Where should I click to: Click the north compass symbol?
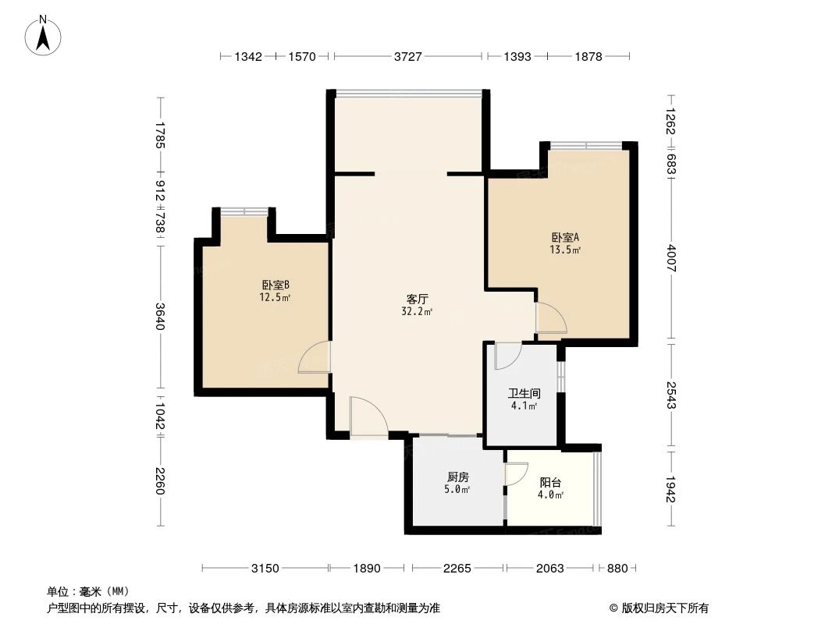coord(43,35)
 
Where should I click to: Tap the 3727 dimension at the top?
coord(407,56)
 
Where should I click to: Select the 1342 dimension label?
coord(248,56)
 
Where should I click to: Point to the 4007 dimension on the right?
coord(671,258)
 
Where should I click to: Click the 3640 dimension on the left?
coord(160,315)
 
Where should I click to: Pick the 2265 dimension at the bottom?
coord(457,569)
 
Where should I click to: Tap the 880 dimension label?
coord(617,569)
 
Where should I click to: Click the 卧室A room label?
coord(565,238)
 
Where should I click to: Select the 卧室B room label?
coord(276,285)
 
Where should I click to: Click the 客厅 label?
coord(417,299)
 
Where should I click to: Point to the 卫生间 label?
coord(524,393)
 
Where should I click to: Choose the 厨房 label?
coord(457,477)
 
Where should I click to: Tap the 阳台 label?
coord(550,483)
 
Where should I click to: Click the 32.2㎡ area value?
coord(417,312)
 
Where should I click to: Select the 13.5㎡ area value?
coord(565,250)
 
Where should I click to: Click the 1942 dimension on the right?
coord(671,489)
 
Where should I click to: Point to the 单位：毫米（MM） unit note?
coord(88,592)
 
